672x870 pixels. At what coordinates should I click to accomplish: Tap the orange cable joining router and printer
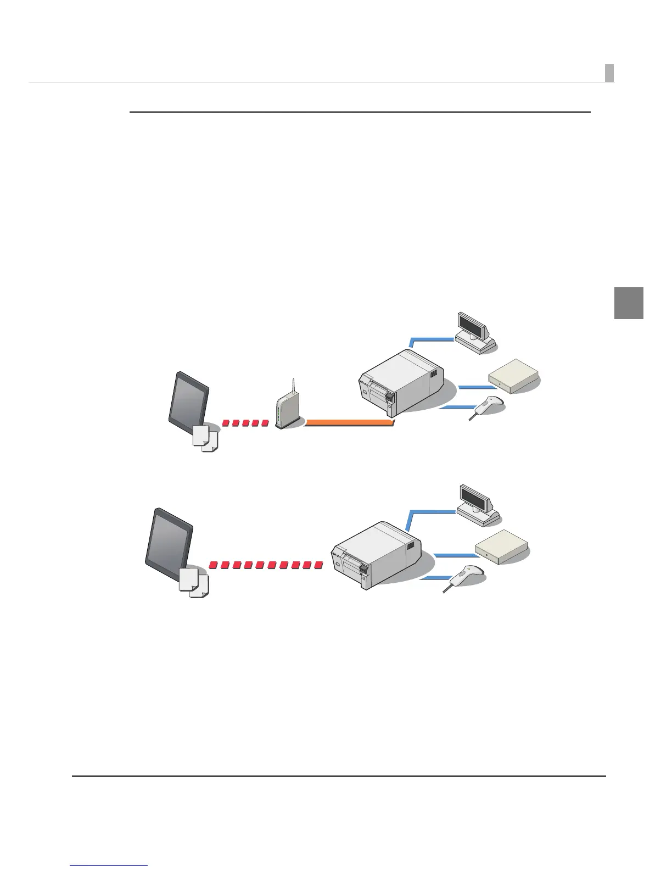pos(349,422)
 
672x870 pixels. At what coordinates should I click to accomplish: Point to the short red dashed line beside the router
pos(245,423)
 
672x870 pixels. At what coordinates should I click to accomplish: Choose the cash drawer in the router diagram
pos(513,376)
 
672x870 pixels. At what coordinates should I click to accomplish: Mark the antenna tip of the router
pos(294,380)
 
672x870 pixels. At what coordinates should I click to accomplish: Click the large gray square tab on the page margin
pos(628,303)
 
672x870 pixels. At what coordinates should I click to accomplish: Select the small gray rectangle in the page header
pos(609,72)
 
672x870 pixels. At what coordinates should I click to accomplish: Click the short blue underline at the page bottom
pos(109,866)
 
